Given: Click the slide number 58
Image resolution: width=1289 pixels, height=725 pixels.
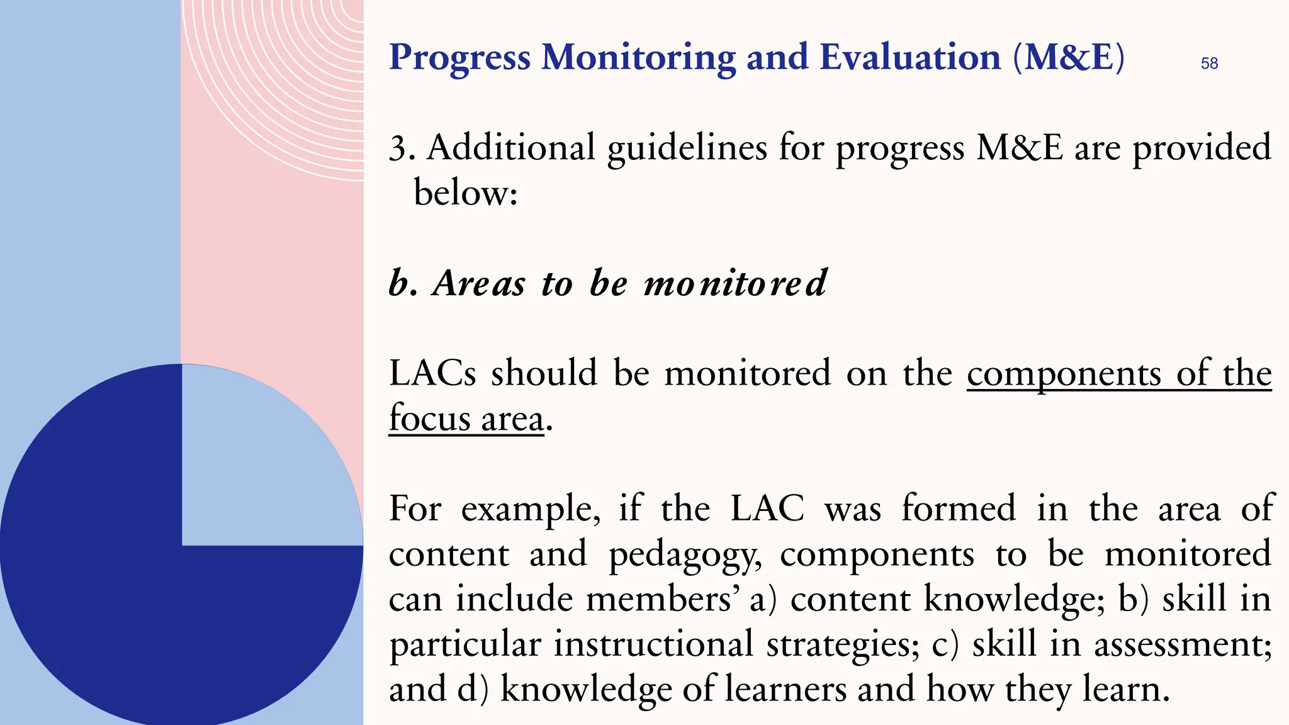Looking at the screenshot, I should point(1209,64).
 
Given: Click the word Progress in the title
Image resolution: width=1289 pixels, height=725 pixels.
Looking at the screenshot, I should point(460,58).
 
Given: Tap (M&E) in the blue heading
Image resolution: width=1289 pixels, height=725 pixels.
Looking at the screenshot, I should point(1068,58).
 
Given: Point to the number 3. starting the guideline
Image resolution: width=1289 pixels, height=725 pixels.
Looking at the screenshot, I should point(401,149).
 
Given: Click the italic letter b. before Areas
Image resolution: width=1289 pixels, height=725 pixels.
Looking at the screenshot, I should point(403,283).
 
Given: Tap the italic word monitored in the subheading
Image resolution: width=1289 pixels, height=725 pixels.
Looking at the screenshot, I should point(735,283).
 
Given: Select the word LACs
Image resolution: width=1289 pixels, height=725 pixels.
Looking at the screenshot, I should point(432,373).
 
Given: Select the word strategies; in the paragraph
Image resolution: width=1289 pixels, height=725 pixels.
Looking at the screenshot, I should point(843,644).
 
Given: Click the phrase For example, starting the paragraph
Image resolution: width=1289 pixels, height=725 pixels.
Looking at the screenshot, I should point(495,509).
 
